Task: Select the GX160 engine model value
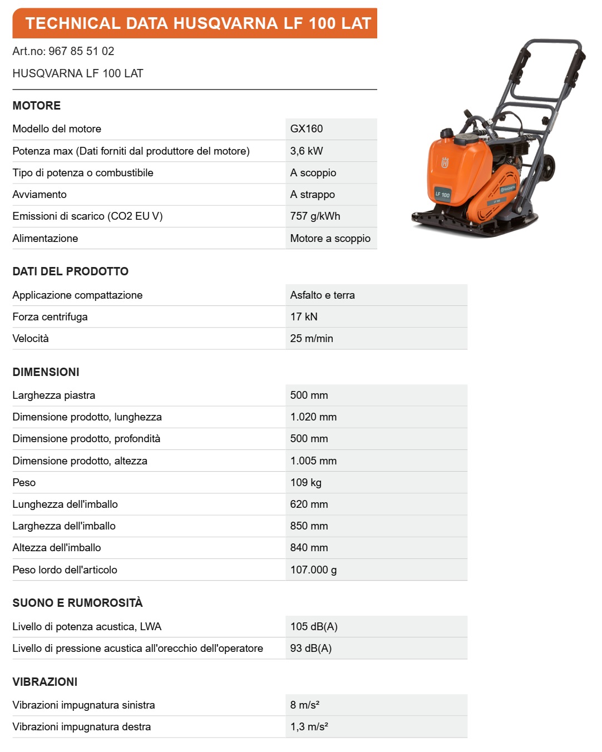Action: pyautogui.click(x=307, y=129)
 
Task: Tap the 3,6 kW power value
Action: pyautogui.click(x=307, y=151)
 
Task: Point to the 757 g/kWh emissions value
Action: pyautogui.click(x=315, y=216)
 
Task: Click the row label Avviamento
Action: pyautogui.click(x=40, y=195)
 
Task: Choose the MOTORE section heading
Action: pyautogui.click(x=37, y=106)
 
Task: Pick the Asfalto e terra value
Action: pyautogui.click(x=322, y=295)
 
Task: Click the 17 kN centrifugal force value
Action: pyautogui.click(x=304, y=317)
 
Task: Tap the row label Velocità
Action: pyautogui.click(x=31, y=339)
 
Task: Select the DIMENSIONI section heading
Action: pyautogui.click(x=46, y=372)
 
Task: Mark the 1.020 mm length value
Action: pyautogui.click(x=313, y=417)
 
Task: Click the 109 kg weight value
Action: pyautogui.click(x=306, y=483)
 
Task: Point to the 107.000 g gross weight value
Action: pyautogui.click(x=313, y=570)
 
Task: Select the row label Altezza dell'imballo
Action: pyautogui.click(x=57, y=548)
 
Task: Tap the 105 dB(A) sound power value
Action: pyautogui.click(x=314, y=627)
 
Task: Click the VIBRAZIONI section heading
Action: pyautogui.click(x=45, y=682)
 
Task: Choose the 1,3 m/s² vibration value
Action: pyautogui.click(x=309, y=727)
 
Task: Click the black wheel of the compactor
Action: pyautogui.click(x=549, y=166)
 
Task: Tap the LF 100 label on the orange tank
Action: pyautogui.click(x=442, y=195)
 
